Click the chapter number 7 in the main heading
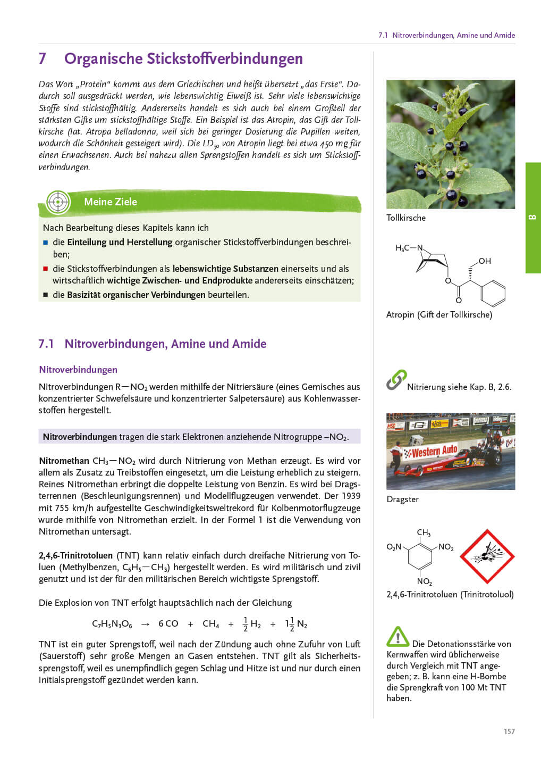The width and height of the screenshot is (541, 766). [x=43, y=59]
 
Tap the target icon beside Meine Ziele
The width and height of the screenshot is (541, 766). [x=58, y=202]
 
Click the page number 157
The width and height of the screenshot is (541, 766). [x=509, y=731]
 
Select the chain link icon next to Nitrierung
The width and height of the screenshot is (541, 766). [x=396, y=380]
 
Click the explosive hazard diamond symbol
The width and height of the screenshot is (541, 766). [x=487, y=556]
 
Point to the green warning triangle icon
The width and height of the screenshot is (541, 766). [x=398, y=637]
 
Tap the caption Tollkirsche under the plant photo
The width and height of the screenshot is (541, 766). [x=406, y=218]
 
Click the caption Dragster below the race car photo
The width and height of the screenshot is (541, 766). [x=403, y=499]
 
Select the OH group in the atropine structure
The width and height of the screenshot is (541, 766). [x=484, y=261]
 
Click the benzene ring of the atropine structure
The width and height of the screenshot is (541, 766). [x=493, y=293]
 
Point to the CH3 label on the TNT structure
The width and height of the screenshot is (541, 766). [x=424, y=532]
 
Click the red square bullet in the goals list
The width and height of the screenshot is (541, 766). [x=46, y=269]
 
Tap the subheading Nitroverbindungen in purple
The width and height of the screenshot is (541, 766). [x=78, y=370]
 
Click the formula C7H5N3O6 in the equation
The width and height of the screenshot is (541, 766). [x=112, y=624]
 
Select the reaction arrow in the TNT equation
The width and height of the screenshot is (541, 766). [x=145, y=624]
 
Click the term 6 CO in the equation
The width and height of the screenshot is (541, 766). [x=168, y=623]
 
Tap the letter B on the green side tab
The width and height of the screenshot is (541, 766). [x=532, y=218]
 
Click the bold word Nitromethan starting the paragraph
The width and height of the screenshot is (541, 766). [x=64, y=461]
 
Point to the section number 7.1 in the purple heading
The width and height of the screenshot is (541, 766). [x=46, y=344]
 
